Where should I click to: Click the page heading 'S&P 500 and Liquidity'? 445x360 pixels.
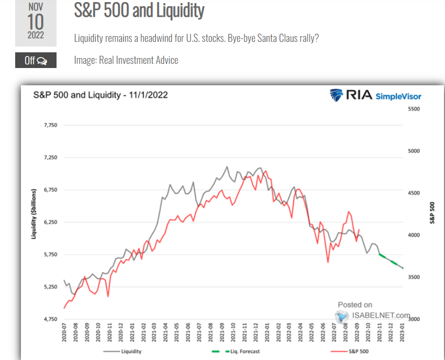tap(139, 10)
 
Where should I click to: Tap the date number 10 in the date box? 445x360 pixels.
tap(36, 21)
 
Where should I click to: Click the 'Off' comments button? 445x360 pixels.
tap(36, 61)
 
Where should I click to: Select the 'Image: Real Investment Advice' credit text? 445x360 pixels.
tap(126, 60)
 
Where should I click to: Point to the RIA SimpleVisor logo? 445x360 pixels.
tap(375, 95)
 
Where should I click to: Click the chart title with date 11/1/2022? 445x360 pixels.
tap(101, 95)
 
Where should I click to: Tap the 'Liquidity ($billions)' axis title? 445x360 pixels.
tap(34, 214)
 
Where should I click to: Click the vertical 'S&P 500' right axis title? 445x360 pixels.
tap(432, 213)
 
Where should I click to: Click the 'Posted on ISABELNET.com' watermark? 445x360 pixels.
tap(373, 311)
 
